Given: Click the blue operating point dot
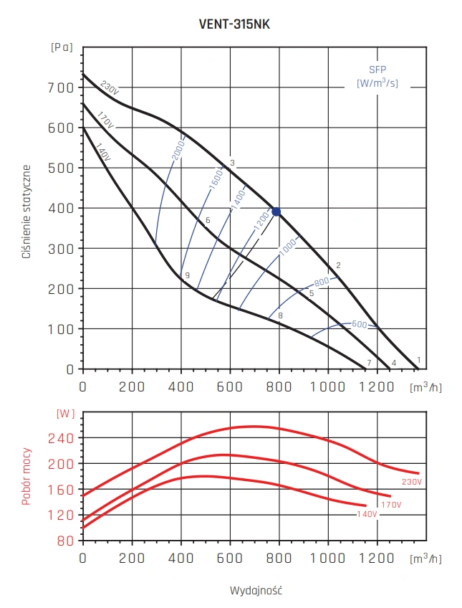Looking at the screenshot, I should pos(276,212).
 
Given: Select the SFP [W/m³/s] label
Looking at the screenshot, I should pos(377,77).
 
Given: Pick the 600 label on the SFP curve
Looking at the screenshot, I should pos(359,324).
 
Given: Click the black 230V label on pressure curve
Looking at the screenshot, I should pos(109,88).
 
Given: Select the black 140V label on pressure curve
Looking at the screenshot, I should pos(103,151).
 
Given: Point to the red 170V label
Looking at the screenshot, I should pos(391,505).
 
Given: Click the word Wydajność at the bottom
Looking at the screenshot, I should pos(256,590).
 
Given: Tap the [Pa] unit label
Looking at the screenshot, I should pos(62,47).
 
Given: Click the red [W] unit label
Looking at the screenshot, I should pos(65,414).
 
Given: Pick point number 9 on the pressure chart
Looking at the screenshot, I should pos(186,275).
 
